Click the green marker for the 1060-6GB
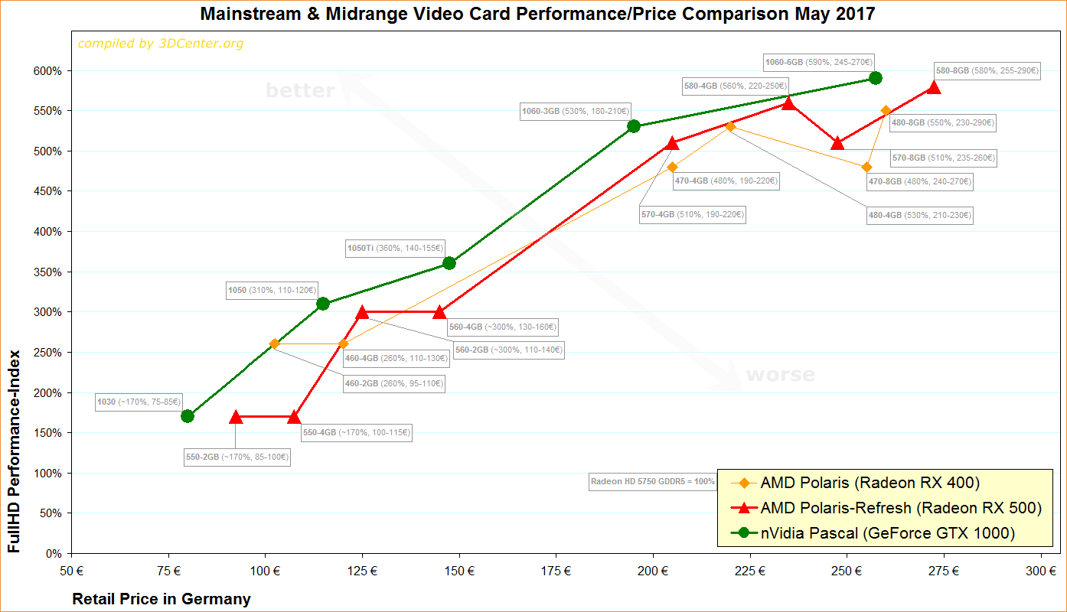[876, 78]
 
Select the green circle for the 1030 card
[188, 416]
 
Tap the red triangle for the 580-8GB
[933, 87]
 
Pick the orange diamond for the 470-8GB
[866, 167]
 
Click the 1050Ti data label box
[395, 248]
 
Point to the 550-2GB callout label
[237, 457]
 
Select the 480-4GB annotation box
[919, 216]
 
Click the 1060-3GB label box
[575, 111]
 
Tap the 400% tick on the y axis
[50, 232]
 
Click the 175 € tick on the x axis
[556, 571]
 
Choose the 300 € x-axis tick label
[1041, 571]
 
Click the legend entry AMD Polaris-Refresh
[901, 508]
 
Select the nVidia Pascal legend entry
[887, 533]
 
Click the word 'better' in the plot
[300, 91]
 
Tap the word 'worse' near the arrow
[780, 375]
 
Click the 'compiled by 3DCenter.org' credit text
[161, 44]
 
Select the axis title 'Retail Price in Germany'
[162, 599]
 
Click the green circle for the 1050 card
[323, 304]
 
